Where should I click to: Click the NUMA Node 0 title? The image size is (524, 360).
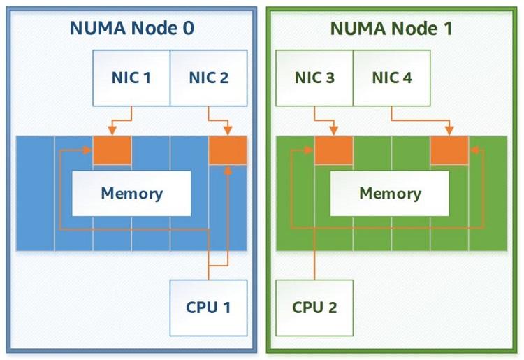(x=132, y=28)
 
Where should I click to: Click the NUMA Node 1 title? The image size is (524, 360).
(x=391, y=28)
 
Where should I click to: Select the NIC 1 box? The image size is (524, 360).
(x=131, y=78)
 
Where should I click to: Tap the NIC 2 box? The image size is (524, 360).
(x=208, y=78)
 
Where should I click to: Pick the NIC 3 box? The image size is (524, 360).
(x=314, y=78)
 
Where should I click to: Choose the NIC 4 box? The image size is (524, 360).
(x=392, y=78)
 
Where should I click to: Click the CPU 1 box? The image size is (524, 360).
(x=208, y=308)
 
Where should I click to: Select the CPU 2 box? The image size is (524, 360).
(x=314, y=308)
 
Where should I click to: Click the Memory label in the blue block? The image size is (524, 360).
(x=131, y=193)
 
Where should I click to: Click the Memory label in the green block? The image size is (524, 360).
(x=390, y=193)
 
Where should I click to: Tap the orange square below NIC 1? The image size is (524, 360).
(x=112, y=150)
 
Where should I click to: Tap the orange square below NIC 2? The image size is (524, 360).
(x=228, y=150)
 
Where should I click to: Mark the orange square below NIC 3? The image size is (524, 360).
(x=333, y=150)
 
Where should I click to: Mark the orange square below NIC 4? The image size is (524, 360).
(x=449, y=150)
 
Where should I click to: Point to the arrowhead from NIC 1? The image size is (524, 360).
(x=112, y=131)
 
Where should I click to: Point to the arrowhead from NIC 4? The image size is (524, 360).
(x=449, y=131)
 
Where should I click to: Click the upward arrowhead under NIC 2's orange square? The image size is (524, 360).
(x=228, y=171)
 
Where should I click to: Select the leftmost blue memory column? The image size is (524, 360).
(x=35, y=193)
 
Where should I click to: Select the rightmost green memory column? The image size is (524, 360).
(x=488, y=193)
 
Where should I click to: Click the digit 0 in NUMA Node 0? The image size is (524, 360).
(x=189, y=28)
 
